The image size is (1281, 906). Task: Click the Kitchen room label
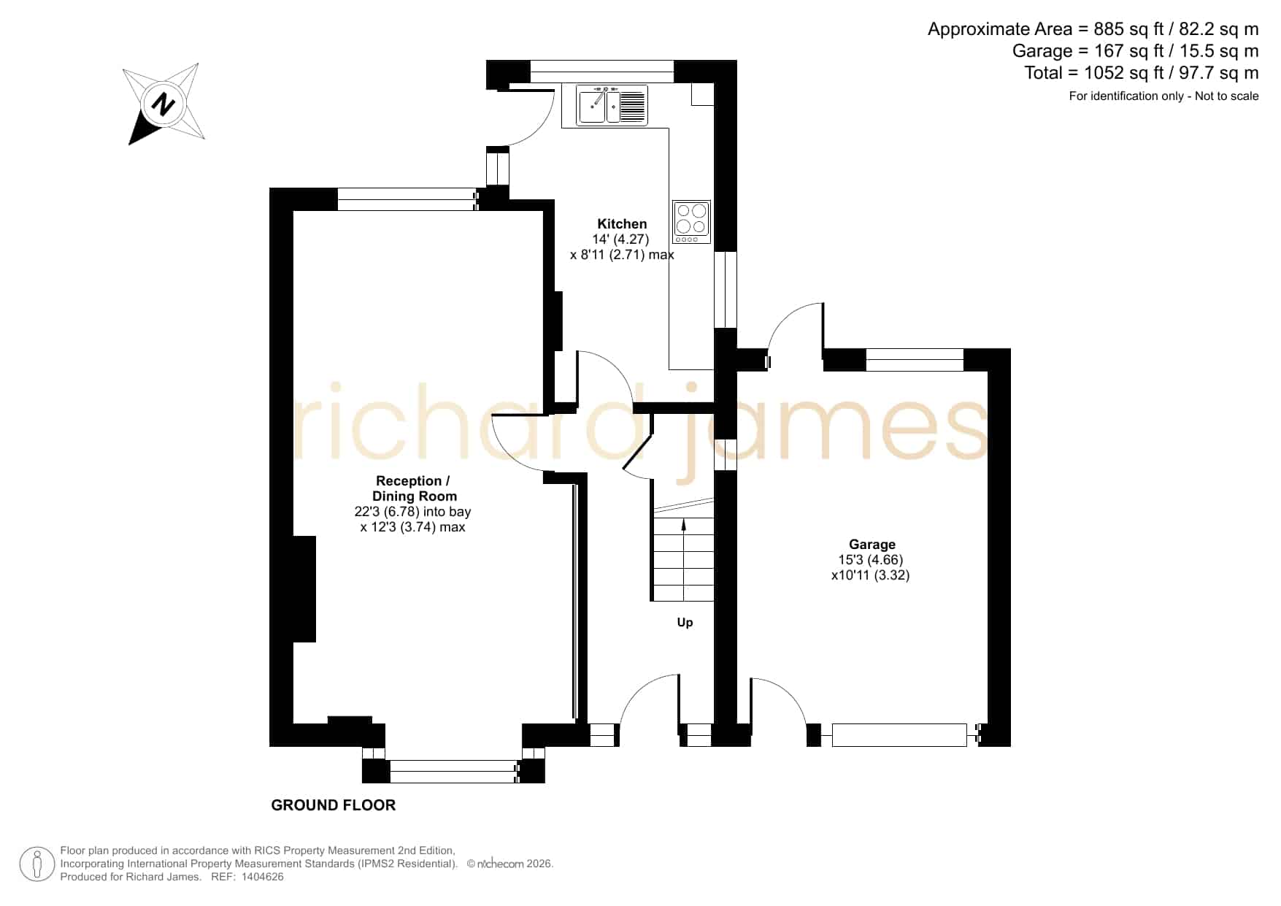pyautogui.click(x=622, y=224)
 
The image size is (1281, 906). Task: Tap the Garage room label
pyautogui.click(x=872, y=545)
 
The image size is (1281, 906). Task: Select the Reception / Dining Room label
pyautogui.click(x=413, y=488)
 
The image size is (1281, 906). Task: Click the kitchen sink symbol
pyautogui.click(x=612, y=105)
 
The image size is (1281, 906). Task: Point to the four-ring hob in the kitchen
pyautogui.click(x=691, y=222)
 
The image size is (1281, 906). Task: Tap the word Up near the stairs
pyautogui.click(x=685, y=623)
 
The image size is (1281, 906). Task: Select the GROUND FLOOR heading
pyautogui.click(x=334, y=805)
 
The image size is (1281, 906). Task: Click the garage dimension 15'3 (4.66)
pyautogui.click(x=871, y=560)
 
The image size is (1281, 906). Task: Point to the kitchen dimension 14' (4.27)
pyautogui.click(x=620, y=239)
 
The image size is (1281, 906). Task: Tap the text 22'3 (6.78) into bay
pyautogui.click(x=412, y=512)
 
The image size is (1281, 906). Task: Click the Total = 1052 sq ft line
pyautogui.click(x=1142, y=73)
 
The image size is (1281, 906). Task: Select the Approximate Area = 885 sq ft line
pyautogui.click(x=1093, y=29)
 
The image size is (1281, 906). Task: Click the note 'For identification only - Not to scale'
pyautogui.click(x=1163, y=96)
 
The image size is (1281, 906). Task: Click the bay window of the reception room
pyautogui.click(x=453, y=771)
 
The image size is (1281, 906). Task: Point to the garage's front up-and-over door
pyautogui.click(x=899, y=734)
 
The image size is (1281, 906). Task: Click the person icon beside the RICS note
pyautogui.click(x=36, y=864)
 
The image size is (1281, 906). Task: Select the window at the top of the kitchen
pyautogui.click(x=601, y=71)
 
